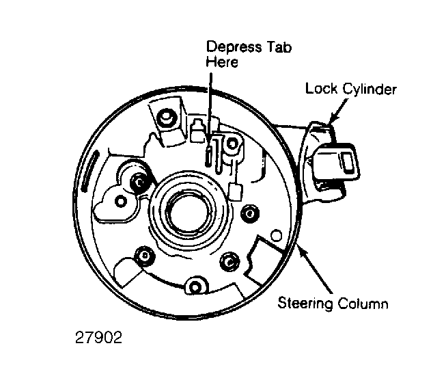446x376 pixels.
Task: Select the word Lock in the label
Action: tap(319, 89)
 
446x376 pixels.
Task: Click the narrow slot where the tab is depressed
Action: tap(208, 155)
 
